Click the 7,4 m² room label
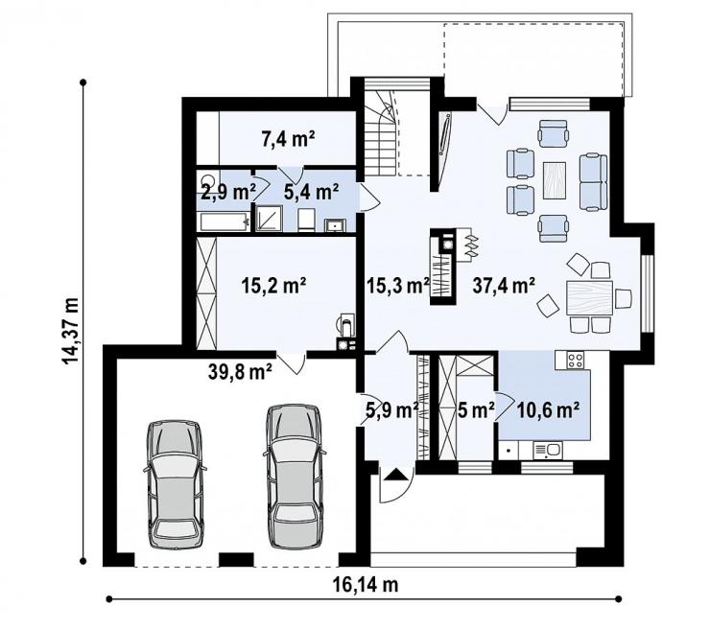[288, 138]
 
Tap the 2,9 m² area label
[228, 193]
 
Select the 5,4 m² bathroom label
[312, 192]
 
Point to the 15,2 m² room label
[274, 286]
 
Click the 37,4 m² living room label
[504, 285]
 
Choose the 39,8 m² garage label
[240, 371]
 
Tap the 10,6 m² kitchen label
[548, 410]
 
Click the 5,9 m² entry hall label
[392, 410]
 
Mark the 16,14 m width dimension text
[366, 585]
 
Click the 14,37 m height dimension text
[71, 331]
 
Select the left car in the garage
[175, 484]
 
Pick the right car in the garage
[295, 476]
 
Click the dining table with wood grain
[589, 298]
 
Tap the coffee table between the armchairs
[555, 180]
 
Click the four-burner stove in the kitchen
[575, 361]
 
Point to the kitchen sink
[548, 451]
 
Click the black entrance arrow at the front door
[395, 475]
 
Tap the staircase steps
[380, 136]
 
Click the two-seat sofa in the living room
[593, 182]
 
